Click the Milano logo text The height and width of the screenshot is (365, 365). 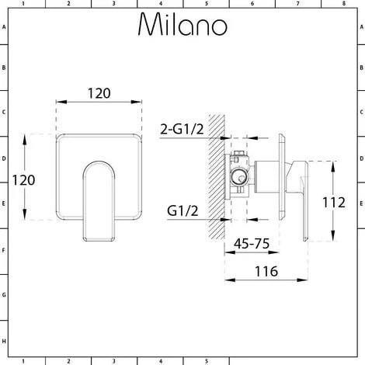pyautogui.click(x=182, y=25)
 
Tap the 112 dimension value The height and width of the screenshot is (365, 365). pyautogui.click(x=334, y=203)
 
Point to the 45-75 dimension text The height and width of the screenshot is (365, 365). pyautogui.click(x=252, y=244)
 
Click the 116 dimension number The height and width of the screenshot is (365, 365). pyautogui.click(x=266, y=272)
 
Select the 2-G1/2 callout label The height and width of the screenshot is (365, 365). pyautogui.click(x=182, y=129)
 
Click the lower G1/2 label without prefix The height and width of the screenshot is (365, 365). pyautogui.click(x=182, y=210)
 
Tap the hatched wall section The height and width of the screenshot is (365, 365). pyautogui.click(x=217, y=177)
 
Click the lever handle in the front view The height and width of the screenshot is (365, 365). pyautogui.click(x=99, y=201)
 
